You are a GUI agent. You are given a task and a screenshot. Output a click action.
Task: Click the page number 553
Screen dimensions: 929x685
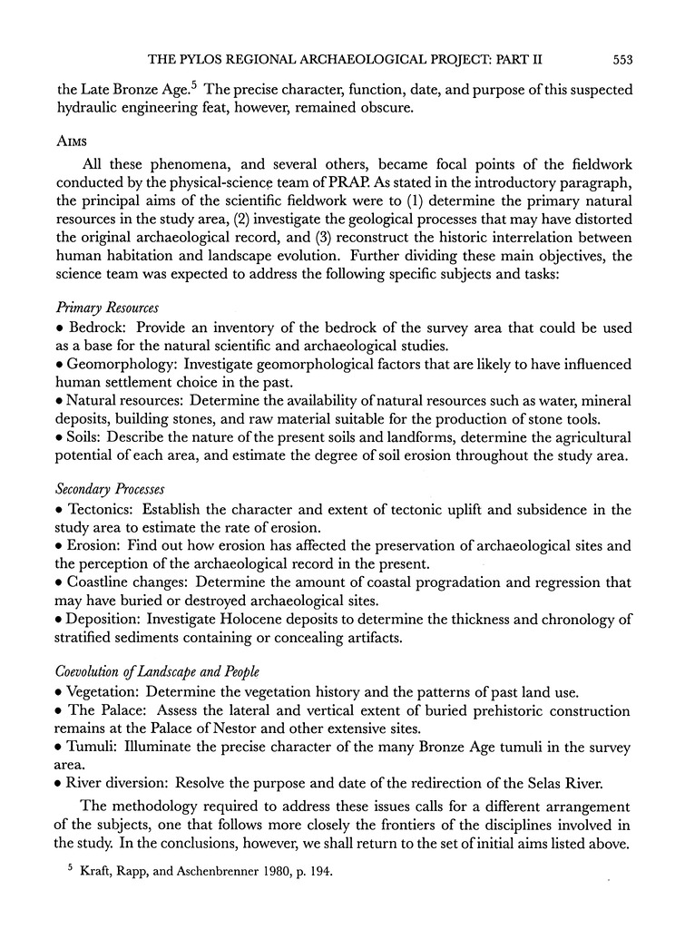coord(621,60)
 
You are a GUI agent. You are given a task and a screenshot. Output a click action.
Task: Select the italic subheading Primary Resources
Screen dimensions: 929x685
coord(108,308)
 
